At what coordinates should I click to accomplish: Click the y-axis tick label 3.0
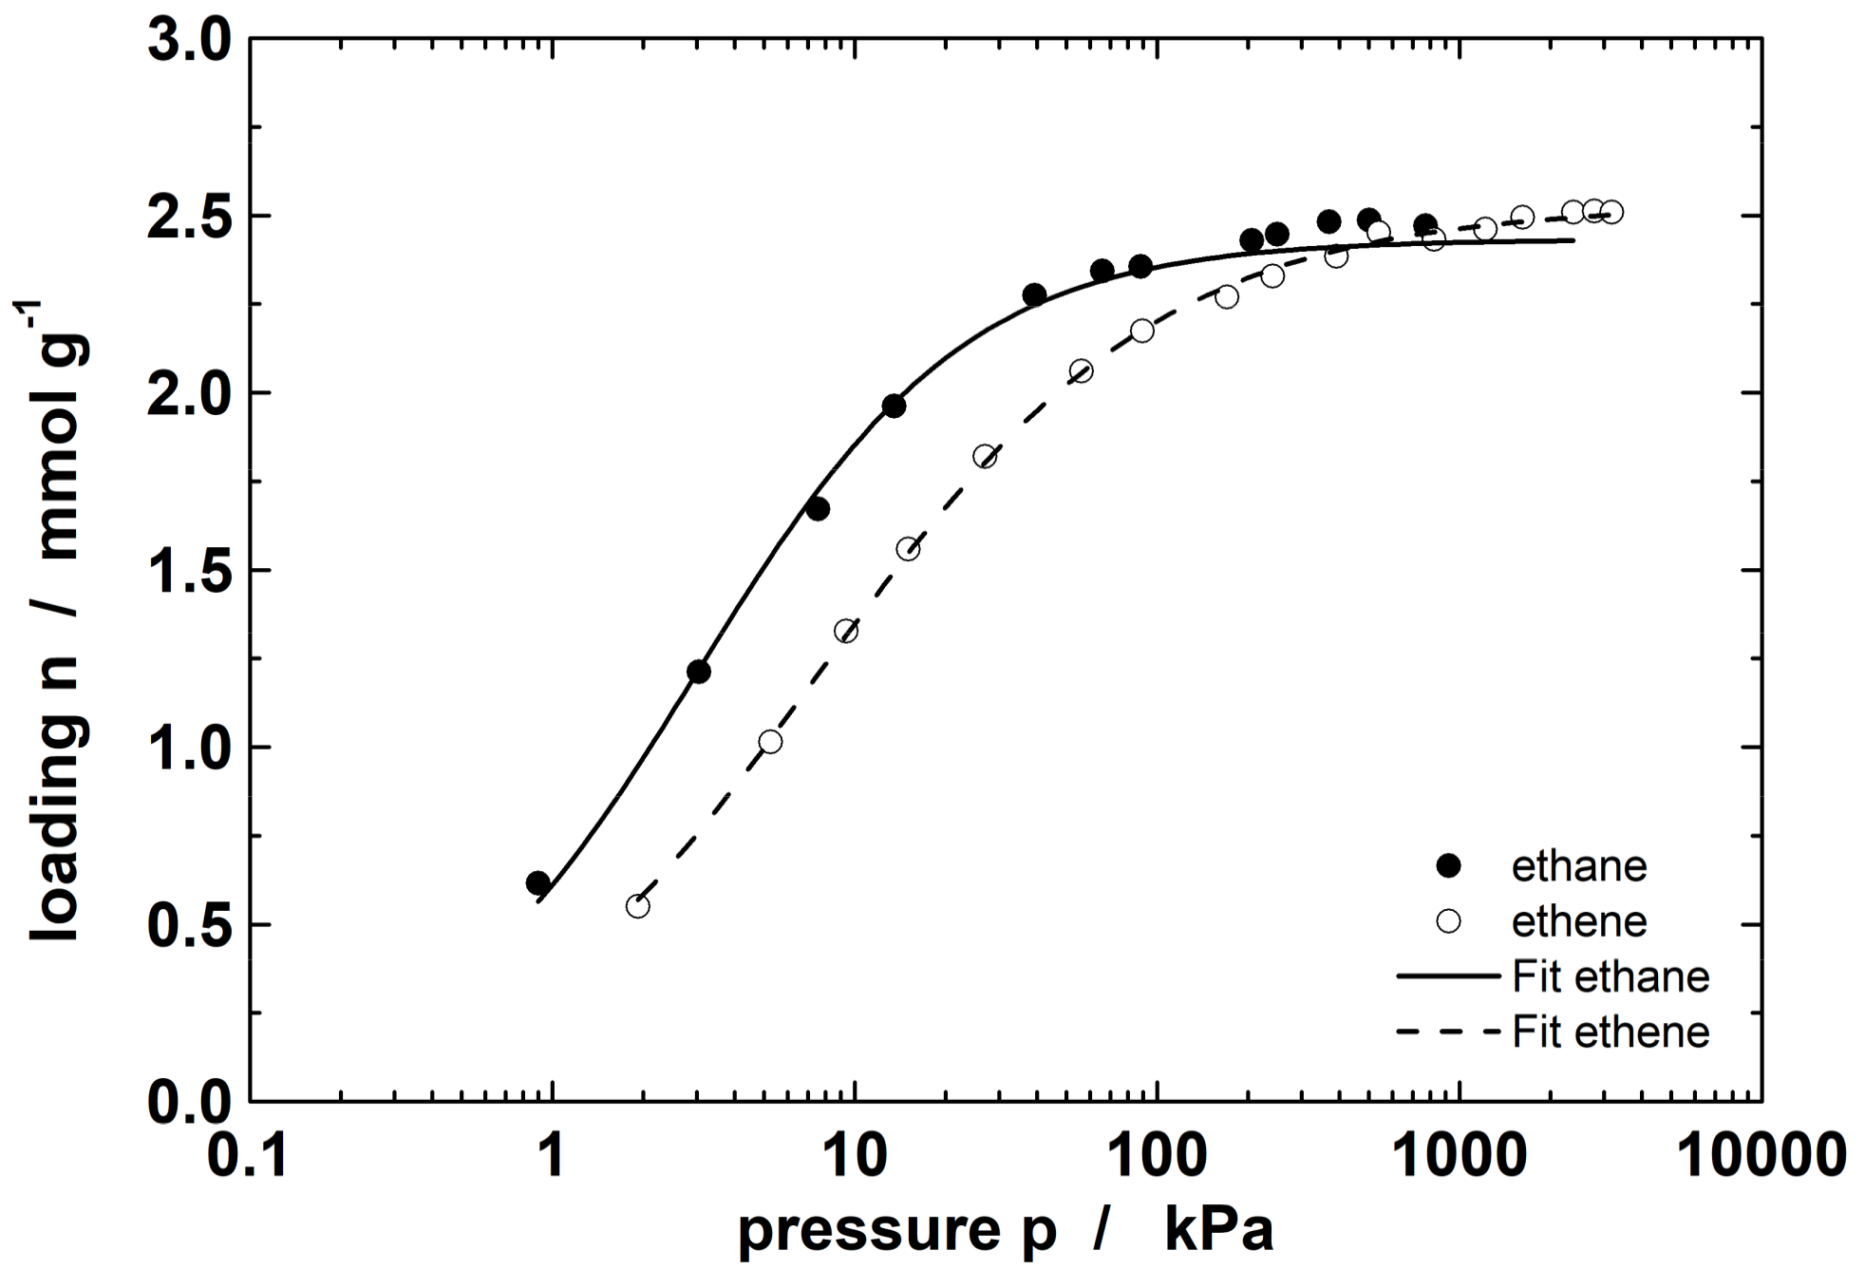189,43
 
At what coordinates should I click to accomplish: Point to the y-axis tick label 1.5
189,573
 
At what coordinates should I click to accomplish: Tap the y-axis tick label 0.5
189,927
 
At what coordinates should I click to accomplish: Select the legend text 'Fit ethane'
1611,977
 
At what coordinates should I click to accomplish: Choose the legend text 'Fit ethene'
1611,1032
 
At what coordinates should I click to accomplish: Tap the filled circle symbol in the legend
1448,865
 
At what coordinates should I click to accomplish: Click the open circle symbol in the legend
1448,921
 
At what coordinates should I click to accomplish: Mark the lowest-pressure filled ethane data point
537,883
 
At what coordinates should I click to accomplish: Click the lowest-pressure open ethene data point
638,906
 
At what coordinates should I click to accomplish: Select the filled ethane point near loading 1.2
699,672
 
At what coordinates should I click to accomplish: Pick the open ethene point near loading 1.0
771,742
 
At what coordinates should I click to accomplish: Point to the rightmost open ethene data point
1611,213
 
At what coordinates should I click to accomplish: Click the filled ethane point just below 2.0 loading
894,407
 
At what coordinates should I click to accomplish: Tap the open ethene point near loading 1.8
985,458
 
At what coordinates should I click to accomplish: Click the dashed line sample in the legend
1448,1032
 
